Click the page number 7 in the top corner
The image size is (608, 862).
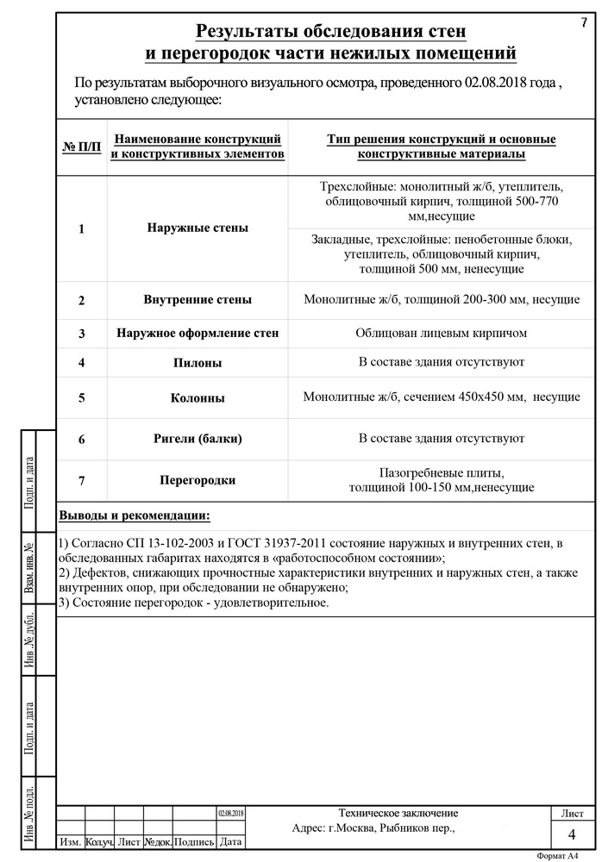point(584,22)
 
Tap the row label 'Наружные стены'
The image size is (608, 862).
point(197,228)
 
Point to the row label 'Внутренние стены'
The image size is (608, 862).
point(197,300)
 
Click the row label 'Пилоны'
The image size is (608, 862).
point(197,363)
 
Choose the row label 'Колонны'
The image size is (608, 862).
point(197,398)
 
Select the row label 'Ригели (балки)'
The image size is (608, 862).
point(197,439)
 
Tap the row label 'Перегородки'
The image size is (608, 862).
point(197,479)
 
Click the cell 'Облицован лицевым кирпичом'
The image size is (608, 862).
point(441,333)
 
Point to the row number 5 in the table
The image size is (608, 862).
point(81,398)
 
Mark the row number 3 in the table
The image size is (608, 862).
point(81,334)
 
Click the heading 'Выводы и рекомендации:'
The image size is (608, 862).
point(134,515)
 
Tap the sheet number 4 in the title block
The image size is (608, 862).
point(572,834)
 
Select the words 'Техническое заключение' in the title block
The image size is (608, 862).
point(398,813)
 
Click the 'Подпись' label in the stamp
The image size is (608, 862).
point(194,841)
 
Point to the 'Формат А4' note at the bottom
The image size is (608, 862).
point(556,856)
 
